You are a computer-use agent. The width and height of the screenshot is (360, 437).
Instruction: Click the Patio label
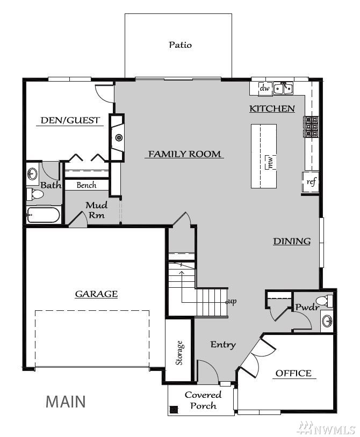click(180, 45)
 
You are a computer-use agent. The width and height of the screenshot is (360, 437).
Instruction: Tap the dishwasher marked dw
click(265, 89)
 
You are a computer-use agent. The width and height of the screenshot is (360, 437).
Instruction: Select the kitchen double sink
click(283, 89)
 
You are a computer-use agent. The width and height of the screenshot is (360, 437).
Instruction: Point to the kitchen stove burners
click(311, 127)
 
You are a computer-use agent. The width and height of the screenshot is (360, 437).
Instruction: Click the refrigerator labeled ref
click(311, 182)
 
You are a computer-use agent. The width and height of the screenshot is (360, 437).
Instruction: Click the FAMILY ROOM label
click(184, 154)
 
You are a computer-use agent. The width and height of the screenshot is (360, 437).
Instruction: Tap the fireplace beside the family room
click(117, 137)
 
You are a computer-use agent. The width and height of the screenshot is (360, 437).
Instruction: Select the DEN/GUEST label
click(70, 120)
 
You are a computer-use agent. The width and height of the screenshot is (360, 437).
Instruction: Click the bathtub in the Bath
click(44, 215)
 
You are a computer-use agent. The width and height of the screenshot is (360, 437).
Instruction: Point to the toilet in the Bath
click(35, 194)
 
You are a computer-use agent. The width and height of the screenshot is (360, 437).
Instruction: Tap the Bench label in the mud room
click(87, 185)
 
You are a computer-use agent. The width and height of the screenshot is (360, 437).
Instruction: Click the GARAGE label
click(97, 294)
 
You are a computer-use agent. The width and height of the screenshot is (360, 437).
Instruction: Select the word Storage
click(179, 353)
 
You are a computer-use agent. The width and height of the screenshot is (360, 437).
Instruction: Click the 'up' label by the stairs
click(232, 301)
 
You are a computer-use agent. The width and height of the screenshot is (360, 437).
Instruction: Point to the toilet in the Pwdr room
click(325, 301)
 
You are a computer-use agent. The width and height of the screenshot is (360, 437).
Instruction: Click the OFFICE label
click(293, 373)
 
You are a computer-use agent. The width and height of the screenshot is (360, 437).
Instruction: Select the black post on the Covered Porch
click(174, 410)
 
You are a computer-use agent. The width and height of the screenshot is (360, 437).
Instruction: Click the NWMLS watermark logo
click(326, 428)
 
